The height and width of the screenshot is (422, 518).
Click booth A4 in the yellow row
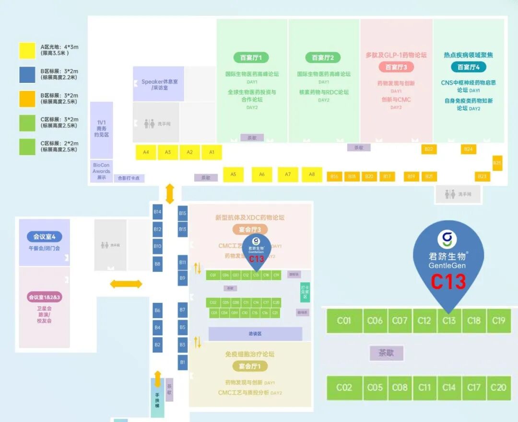click(146, 152)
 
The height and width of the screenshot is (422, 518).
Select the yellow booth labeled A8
click(312, 174)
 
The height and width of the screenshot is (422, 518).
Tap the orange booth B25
click(497, 163)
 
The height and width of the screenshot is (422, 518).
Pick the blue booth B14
click(157, 212)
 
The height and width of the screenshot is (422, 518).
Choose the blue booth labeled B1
click(182, 362)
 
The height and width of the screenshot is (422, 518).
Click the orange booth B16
click(334, 177)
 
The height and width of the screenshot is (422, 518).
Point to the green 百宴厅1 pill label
click(251, 57)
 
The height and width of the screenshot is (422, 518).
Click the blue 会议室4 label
click(45, 237)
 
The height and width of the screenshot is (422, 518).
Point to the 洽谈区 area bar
click(255, 334)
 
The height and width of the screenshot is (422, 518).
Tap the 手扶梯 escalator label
click(157, 400)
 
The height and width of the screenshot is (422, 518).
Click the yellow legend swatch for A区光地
click(27, 51)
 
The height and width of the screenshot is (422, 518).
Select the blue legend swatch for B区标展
click(27, 75)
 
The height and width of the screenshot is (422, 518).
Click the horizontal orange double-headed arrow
click(126, 284)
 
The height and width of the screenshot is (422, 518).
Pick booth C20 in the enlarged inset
click(498, 388)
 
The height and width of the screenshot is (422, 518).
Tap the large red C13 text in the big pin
click(448, 282)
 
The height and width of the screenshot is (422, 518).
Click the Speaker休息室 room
click(159, 84)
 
